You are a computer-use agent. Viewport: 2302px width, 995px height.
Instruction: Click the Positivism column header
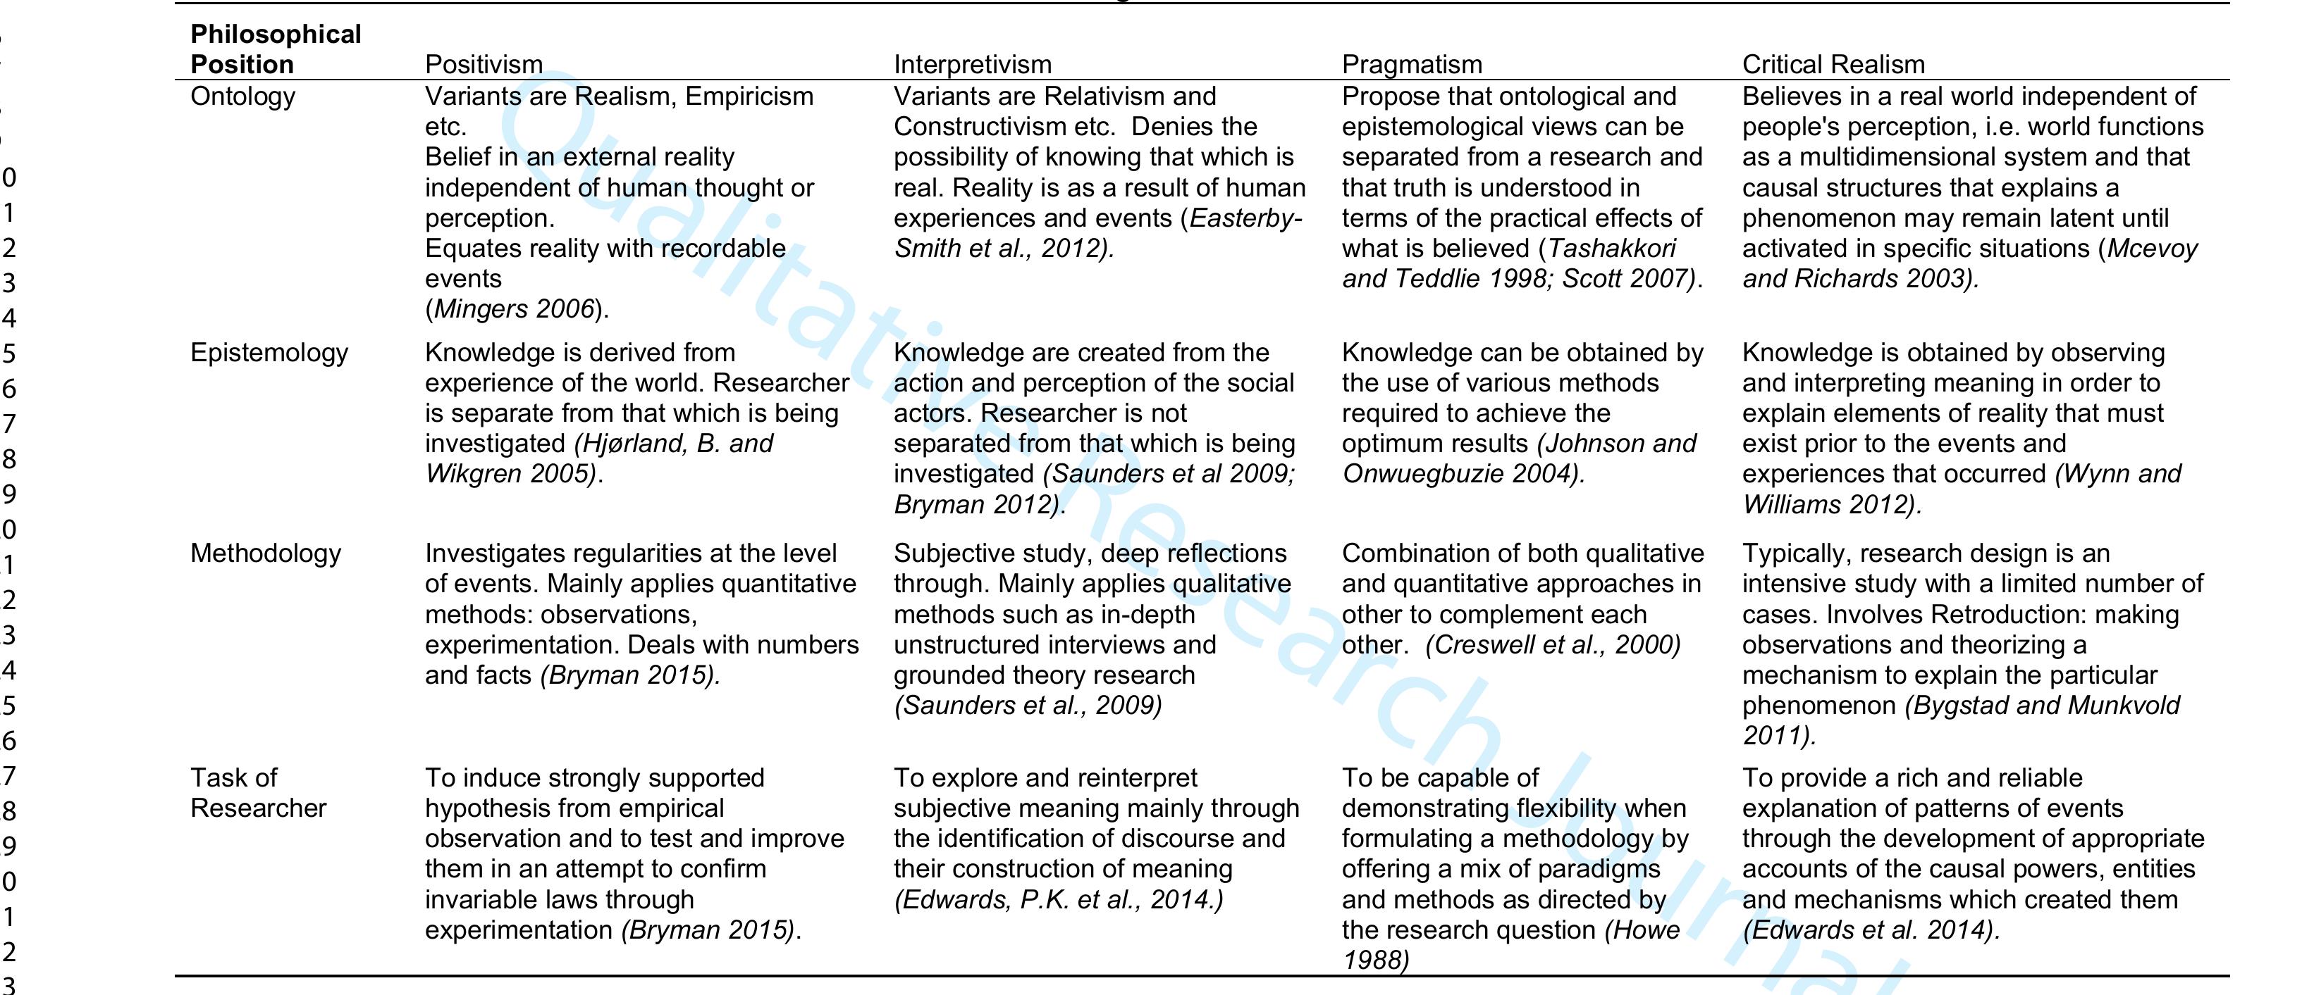pos(484,64)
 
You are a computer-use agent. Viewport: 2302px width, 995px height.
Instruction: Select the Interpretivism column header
pos(972,64)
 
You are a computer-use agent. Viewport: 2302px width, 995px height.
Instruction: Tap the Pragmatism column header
pos(1412,64)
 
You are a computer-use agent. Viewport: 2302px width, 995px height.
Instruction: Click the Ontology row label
pos(242,96)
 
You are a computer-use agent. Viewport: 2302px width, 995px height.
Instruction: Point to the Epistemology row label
pos(269,353)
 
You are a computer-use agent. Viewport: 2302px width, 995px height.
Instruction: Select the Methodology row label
pos(266,553)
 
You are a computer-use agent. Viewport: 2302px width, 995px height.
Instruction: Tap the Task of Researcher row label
pos(257,793)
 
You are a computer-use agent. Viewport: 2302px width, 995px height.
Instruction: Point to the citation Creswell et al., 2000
pos(1553,645)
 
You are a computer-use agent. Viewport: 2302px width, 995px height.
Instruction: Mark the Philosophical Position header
pos(275,49)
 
